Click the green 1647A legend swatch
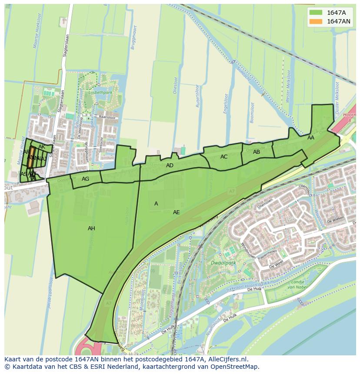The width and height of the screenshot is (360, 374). point(316,13)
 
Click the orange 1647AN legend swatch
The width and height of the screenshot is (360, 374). point(316,21)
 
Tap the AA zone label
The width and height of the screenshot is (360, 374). point(311,138)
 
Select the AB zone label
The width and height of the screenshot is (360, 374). point(257,152)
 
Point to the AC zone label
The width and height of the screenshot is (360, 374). point(224,157)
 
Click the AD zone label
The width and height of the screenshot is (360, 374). point(170,165)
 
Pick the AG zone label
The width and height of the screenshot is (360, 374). point(85,179)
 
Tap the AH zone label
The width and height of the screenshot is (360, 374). point(91,228)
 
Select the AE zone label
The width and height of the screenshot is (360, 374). point(176,212)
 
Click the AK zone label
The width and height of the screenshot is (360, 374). point(42,147)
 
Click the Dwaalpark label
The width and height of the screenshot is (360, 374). point(223,263)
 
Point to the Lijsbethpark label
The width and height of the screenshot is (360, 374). point(100,93)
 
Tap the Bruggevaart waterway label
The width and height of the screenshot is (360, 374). point(135,39)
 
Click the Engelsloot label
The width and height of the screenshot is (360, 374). point(225,104)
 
